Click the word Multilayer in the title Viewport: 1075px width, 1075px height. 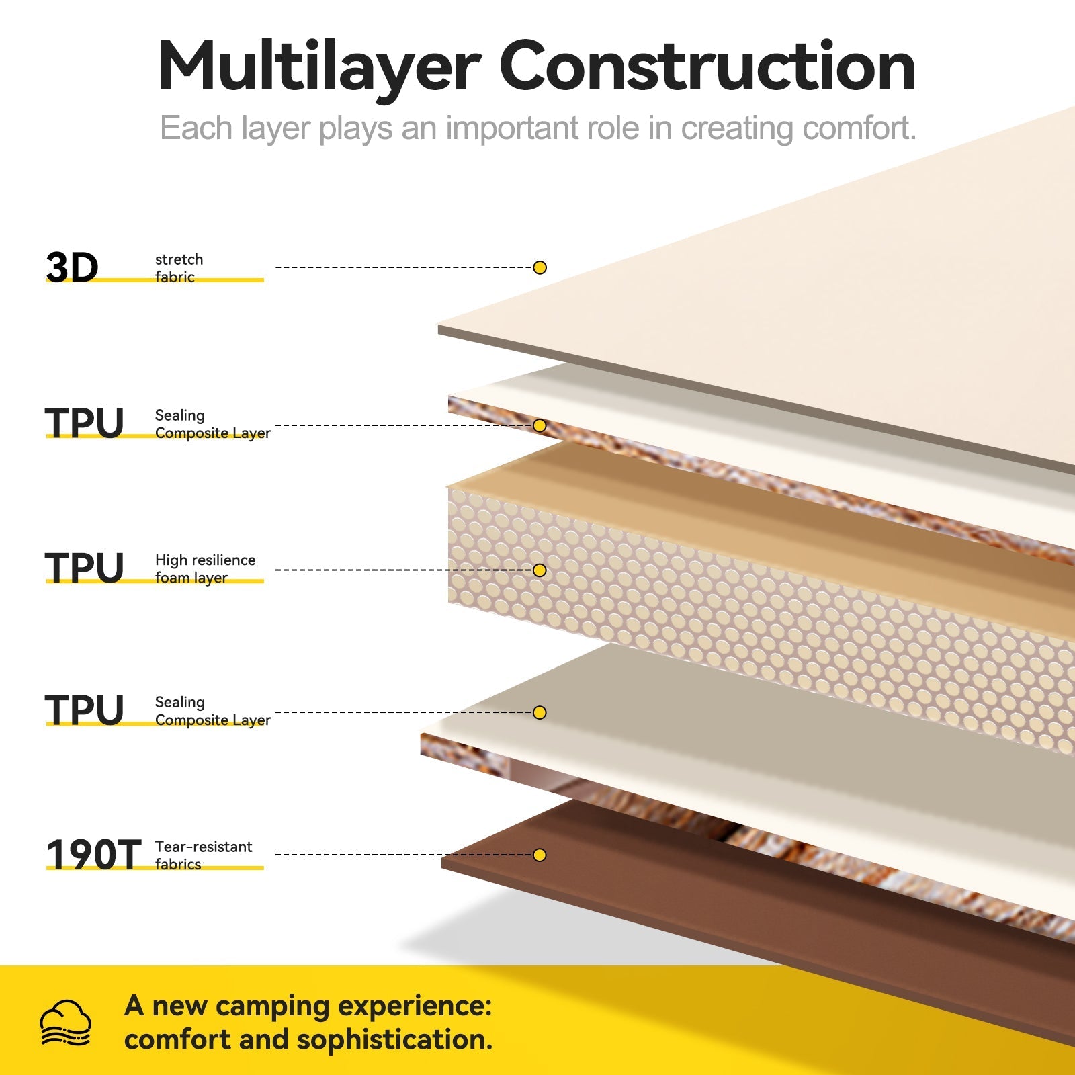click(x=319, y=67)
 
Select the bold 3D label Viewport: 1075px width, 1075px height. click(x=72, y=267)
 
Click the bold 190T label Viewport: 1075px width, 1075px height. click(x=93, y=855)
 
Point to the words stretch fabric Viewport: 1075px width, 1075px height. click(x=179, y=268)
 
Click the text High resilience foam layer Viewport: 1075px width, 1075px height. click(x=205, y=568)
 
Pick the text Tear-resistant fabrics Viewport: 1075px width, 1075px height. click(x=203, y=855)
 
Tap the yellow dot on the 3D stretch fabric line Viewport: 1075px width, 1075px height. click(x=540, y=267)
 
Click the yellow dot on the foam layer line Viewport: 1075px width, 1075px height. click(x=540, y=570)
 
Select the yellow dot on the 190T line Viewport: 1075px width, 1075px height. click(x=540, y=855)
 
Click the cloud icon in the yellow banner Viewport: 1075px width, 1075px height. click(x=65, y=1023)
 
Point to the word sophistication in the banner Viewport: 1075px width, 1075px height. click(x=394, y=1039)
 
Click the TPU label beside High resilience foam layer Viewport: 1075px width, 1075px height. click(x=85, y=568)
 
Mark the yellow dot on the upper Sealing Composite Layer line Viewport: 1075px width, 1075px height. click(x=540, y=425)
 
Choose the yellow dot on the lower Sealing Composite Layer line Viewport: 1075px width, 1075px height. click(x=540, y=712)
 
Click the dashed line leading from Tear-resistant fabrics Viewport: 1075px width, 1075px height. click(x=403, y=855)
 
